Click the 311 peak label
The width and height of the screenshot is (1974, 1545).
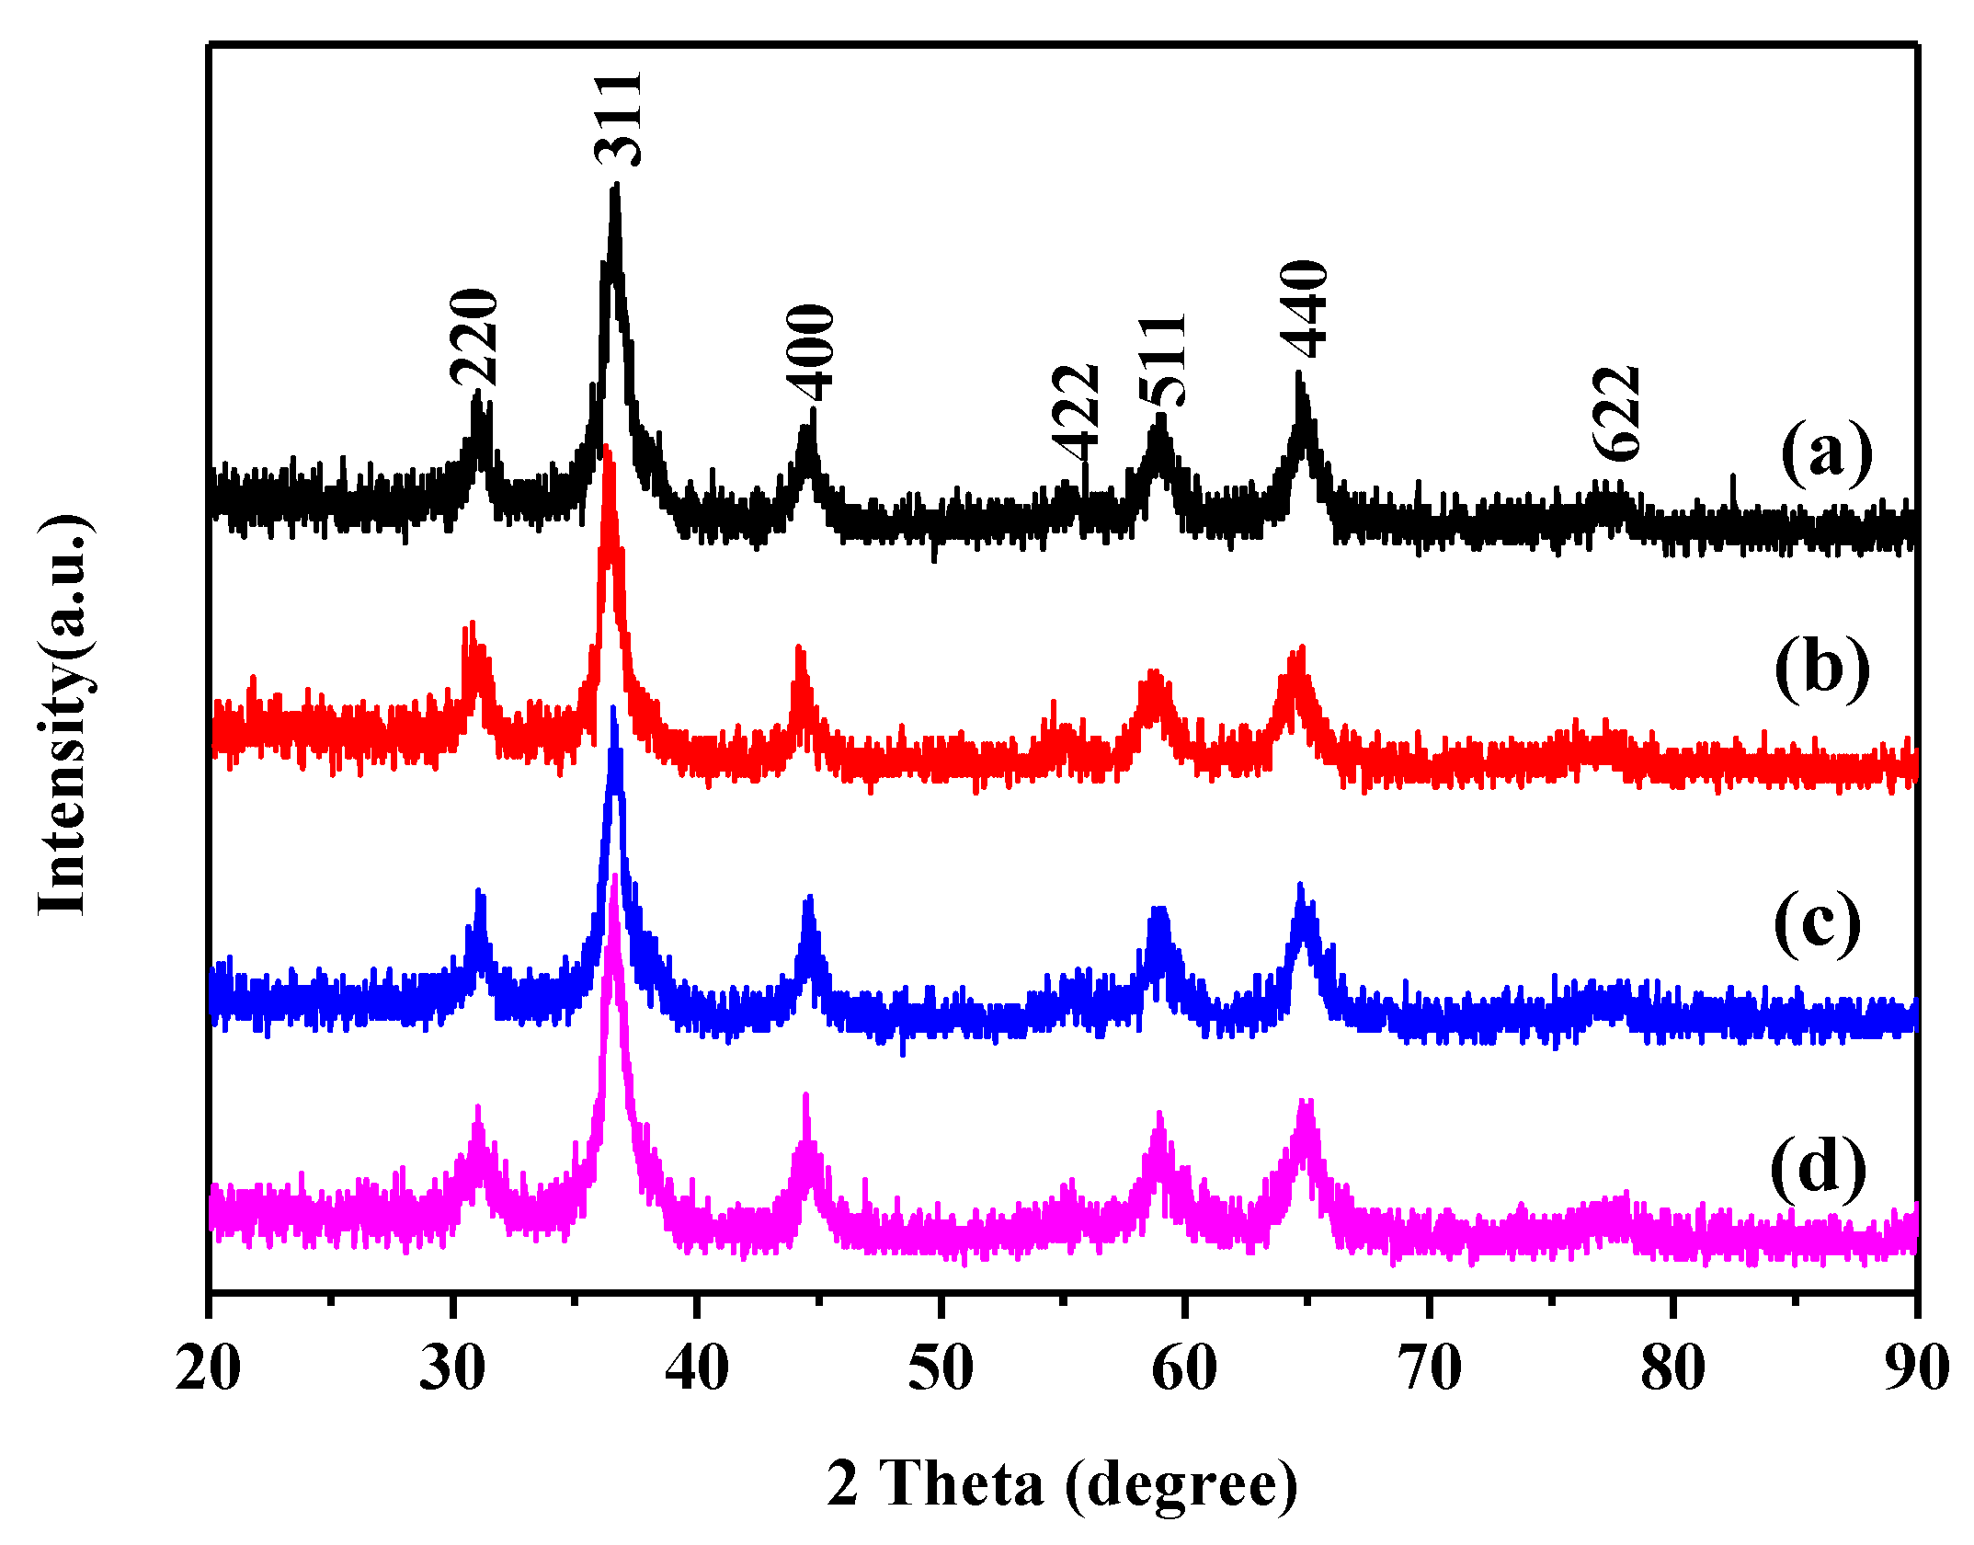(617, 119)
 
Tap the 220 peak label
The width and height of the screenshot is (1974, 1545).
(474, 337)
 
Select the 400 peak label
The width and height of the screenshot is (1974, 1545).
(810, 353)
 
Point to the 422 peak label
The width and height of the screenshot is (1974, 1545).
(1076, 413)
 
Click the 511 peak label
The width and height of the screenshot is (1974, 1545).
(1162, 361)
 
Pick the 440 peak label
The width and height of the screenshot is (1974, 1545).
(1304, 309)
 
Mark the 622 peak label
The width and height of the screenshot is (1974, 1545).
(1616, 414)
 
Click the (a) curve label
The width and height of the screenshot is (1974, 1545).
(1826, 452)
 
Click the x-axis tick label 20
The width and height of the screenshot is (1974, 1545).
(209, 1368)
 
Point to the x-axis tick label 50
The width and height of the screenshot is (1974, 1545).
(941, 1368)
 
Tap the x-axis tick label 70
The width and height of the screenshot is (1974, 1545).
(1429, 1368)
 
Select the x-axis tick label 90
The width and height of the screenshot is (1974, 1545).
(1916, 1368)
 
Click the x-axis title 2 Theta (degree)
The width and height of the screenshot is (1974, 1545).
(1062, 1483)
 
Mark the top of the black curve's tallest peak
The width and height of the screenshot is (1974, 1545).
(615, 186)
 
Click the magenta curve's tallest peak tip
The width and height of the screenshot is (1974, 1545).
(614, 876)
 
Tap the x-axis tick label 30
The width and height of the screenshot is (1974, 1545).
(452, 1368)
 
